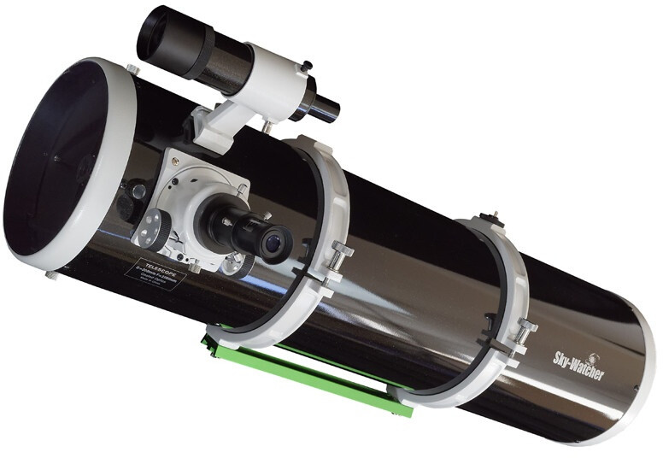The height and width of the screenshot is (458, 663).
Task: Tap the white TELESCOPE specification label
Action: pos(155,273)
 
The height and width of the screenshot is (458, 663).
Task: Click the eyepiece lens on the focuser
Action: pos(274,244)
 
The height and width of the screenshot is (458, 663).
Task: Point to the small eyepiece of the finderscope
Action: pos(326,109)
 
